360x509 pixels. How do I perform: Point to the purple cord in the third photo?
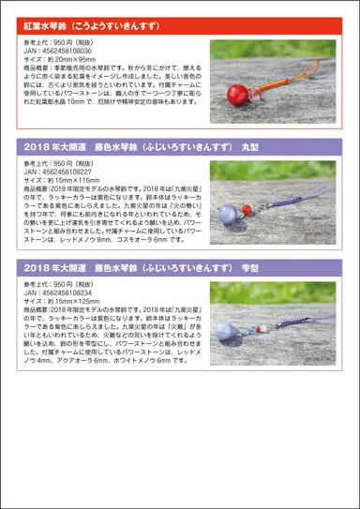coord(281,309)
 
